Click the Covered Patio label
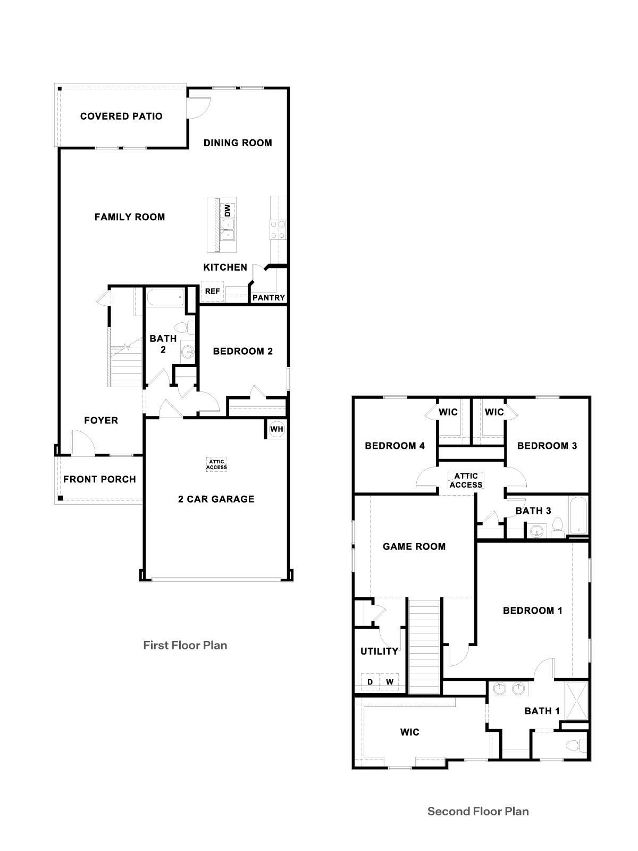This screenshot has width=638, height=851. tap(121, 116)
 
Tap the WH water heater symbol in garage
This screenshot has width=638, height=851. tap(276, 429)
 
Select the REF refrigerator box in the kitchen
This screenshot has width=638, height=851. tap(213, 291)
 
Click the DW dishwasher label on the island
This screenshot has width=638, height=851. tap(228, 211)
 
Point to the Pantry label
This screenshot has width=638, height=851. tap(268, 297)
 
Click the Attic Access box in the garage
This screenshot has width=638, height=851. tap(216, 464)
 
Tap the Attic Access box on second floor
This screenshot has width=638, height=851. tap(466, 481)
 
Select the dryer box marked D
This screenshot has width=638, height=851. tap(370, 682)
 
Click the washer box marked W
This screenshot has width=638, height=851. tap(390, 682)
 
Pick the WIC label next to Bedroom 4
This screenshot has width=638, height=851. tap(448, 412)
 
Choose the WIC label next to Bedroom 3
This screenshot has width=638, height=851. tap(494, 412)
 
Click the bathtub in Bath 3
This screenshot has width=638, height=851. tap(578, 515)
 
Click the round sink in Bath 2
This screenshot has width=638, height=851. tap(188, 352)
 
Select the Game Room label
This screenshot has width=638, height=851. tap(414, 546)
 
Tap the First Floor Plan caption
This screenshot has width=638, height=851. tap(185, 645)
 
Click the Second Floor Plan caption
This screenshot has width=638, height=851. tap(478, 811)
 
